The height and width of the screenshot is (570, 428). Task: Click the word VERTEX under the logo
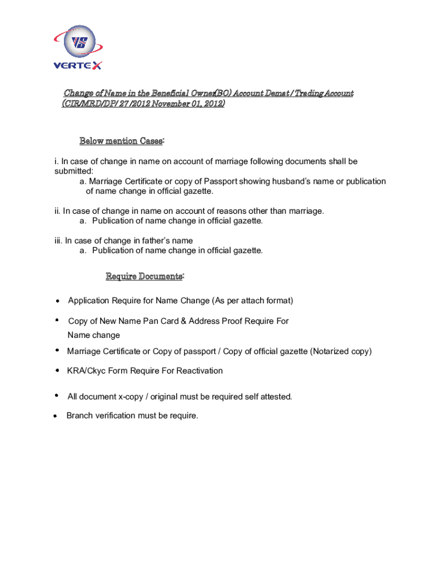[x=78, y=66]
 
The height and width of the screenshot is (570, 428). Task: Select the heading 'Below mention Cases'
[x=121, y=141]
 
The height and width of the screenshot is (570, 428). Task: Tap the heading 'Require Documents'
[x=143, y=277]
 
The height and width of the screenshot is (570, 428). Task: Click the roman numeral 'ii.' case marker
[x=57, y=211]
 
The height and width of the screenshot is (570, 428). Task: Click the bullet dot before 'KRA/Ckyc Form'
[x=57, y=370]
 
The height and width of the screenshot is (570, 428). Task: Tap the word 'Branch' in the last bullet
[x=79, y=415]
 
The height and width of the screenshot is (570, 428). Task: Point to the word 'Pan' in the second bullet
[x=146, y=321]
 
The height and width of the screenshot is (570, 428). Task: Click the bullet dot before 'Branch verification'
[x=56, y=416]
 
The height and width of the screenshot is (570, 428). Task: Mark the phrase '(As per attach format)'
[x=252, y=301]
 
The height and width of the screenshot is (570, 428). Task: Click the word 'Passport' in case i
[x=221, y=181]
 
